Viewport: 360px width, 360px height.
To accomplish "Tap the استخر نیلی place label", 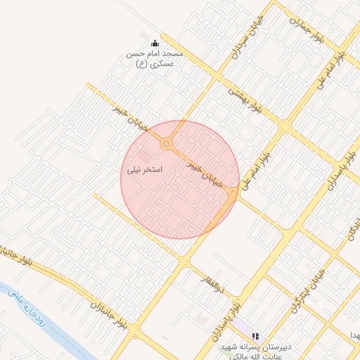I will click(x=144, y=170).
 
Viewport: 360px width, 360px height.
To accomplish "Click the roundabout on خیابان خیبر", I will click(x=167, y=143).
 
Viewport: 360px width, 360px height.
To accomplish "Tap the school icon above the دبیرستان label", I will click(x=255, y=337).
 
